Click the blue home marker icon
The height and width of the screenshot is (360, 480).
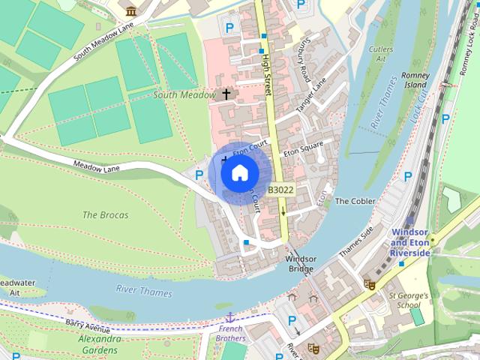click(x=239, y=173)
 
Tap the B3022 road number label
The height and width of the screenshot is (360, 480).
click(x=280, y=190)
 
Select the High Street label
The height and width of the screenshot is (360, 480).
click(x=265, y=73)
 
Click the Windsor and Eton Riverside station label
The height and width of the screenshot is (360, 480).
click(x=410, y=243)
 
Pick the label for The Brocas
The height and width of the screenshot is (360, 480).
click(x=105, y=215)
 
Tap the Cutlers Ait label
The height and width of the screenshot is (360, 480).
click(x=382, y=53)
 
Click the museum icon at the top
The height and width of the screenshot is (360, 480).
click(x=132, y=10)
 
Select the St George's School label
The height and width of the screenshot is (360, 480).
click(x=409, y=300)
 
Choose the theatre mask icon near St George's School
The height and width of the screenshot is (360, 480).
click(x=368, y=284)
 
